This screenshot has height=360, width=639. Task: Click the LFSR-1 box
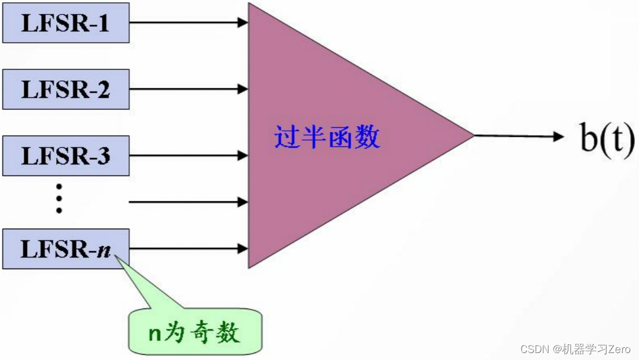[x=65, y=23]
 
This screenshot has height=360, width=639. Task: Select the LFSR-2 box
[x=65, y=89]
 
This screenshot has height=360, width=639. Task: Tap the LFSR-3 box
[x=65, y=156]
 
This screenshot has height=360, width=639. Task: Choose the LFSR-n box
[x=65, y=249]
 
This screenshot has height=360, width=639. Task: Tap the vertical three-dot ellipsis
[x=58, y=198]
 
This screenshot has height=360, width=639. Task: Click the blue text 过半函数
[x=327, y=138]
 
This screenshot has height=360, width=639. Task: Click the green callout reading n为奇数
[x=194, y=333]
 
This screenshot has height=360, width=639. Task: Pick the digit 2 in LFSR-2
[x=104, y=90]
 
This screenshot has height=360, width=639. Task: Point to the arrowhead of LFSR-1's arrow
[x=244, y=23]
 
